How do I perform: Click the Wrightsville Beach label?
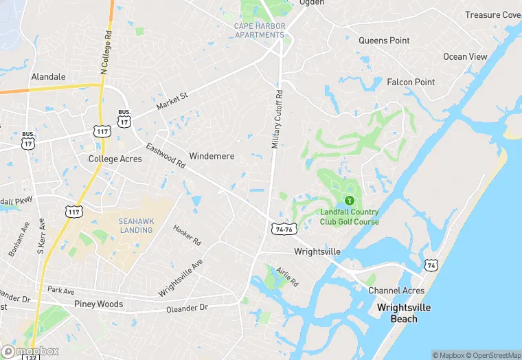(x=404, y=313)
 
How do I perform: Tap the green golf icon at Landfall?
(x=350, y=200)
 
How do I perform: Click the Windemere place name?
(x=212, y=156)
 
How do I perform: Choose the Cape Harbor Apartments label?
(x=259, y=31)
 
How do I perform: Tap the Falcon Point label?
(x=411, y=82)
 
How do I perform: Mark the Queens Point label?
(x=384, y=41)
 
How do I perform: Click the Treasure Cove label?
(x=492, y=15)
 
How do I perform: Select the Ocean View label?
(x=465, y=56)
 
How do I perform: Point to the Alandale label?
(x=48, y=77)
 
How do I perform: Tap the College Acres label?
(x=115, y=159)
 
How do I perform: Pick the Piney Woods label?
(x=98, y=304)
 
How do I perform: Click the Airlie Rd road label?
(x=289, y=278)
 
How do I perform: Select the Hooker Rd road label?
(x=187, y=236)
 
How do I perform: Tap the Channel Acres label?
(x=396, y=291)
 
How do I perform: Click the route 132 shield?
(x=30, y=356)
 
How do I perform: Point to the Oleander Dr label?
(x=187, y=308)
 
